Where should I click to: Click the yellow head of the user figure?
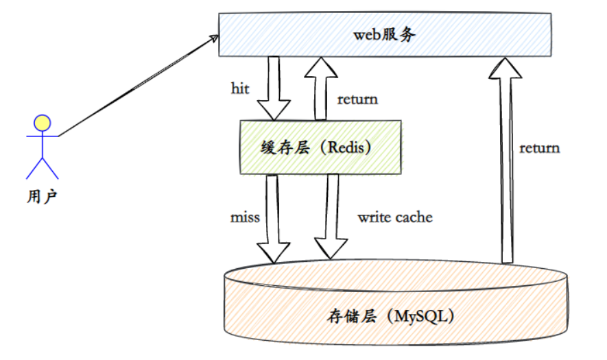click(43, 123)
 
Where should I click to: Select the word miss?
click(245, 217)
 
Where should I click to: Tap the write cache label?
click(395, 217)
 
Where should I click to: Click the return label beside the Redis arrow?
click(357, 99)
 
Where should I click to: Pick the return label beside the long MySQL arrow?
click(539, 147)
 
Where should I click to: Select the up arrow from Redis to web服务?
click(320, 86)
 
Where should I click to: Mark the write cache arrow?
click(332, 216)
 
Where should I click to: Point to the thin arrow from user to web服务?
click(137, 86)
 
